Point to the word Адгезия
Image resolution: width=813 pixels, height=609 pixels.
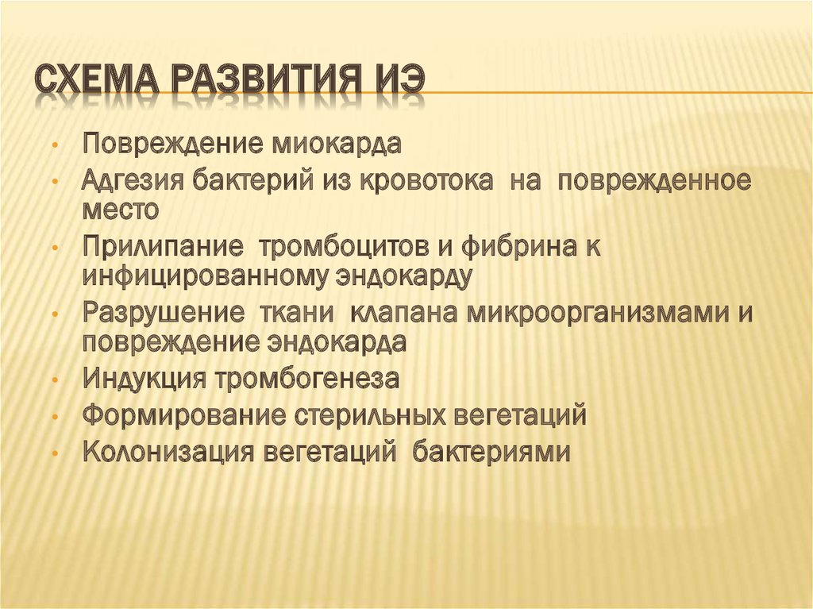(133, 180)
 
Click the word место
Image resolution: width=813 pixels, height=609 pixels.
(121, 209)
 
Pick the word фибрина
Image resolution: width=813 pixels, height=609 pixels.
(509, 247)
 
